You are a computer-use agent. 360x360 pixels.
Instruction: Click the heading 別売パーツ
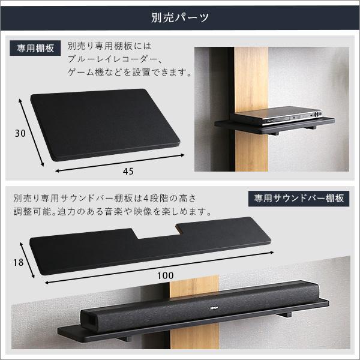pyautogui.click(x=179, y=16)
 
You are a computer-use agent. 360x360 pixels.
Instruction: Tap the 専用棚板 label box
pyautogui.click(x=36, y=48)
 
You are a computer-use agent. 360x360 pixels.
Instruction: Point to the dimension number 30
pyautogui.click(x=20, y=133)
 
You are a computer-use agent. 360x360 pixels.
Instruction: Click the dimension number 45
pyautogui.click(x=128, y=172)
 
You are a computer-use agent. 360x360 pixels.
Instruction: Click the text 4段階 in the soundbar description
pyautogui.click(x=165, y=197)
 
